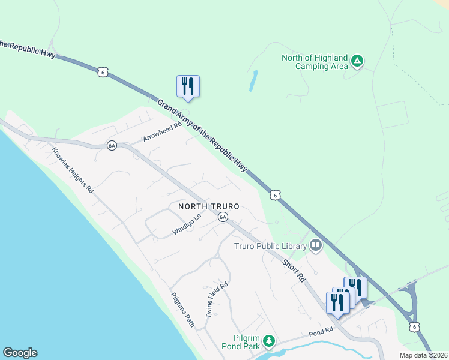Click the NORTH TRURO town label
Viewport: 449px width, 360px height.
(x=209, y=206)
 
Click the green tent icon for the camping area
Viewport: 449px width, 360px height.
(x=357, y=60)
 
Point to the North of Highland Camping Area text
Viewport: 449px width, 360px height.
(x=315, y=62)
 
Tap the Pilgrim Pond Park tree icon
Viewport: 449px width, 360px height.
(x=270, y=341)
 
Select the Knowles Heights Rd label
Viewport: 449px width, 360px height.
(x=73, y=170)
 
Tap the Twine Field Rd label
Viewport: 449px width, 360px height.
(x=217, y=299)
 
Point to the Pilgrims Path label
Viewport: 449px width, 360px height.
(x=182, y=310)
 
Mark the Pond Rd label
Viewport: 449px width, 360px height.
(x=321, y=331)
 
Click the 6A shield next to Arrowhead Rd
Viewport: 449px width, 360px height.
(x=112, y=145)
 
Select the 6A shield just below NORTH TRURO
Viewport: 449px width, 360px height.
(x=223, y=217)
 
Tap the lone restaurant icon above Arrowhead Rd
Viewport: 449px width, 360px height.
(x=188, y=86)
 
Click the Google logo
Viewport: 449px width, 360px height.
(x=20, y=353)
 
